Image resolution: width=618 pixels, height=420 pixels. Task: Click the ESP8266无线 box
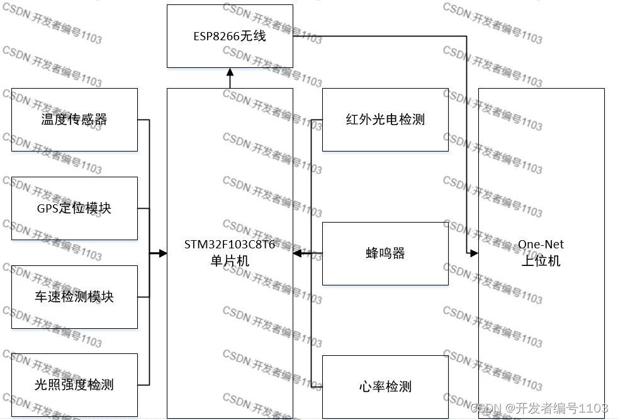(x=230, y=36)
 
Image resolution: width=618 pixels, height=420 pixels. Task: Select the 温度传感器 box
(x=74, y=119)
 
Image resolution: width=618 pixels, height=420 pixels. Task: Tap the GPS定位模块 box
(x=74, y=208)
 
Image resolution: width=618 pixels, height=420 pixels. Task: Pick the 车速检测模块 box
(x=74, y=297)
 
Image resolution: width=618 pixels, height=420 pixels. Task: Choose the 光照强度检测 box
(x=74, y=385)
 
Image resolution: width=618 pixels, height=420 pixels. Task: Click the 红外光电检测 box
(x=385, y=119)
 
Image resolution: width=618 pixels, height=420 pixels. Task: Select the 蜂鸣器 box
(x=385, y=253)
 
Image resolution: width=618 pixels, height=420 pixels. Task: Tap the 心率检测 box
(x=385, y=386)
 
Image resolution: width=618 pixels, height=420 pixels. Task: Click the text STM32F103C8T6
(x=230, y=245)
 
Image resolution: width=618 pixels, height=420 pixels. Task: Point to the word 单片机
(x=230, y=260)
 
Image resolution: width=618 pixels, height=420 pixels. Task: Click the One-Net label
(x=541, y=245)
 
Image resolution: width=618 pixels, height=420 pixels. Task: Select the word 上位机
(x=541, y=261)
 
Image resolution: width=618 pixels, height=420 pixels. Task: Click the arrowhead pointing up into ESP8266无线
(x=230, y=72)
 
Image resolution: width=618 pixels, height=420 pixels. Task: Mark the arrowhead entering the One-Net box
(x=474, y=253)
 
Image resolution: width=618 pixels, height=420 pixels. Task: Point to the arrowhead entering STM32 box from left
(x=162, y=253)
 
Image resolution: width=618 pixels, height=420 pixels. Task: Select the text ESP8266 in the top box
(x=214, y=36)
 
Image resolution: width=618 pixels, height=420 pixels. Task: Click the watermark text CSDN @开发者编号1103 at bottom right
(x=539, y=407)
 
